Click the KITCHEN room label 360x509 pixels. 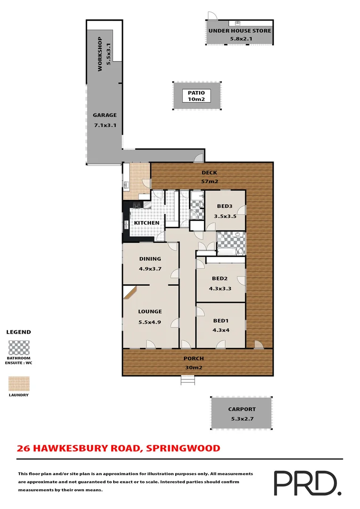click(147, 223)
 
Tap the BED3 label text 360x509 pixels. click(224, 206)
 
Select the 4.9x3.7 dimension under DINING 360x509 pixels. click(150, 269)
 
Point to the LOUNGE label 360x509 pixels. click(150, 312)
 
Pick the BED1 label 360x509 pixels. click(221, 320)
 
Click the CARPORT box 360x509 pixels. click(241, 413)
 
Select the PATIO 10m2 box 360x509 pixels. click(196, 96)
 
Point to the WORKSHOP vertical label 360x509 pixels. click(99, 54)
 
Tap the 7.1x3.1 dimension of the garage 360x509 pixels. click(104, 125)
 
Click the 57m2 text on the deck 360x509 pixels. click(209, 181)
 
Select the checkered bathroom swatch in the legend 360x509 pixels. click(19, 348)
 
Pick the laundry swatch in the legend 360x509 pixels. click(19, 384)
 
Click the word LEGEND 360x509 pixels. click(18, 332)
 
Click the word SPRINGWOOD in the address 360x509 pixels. click(183, 448)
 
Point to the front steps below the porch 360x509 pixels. click(188, 380)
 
